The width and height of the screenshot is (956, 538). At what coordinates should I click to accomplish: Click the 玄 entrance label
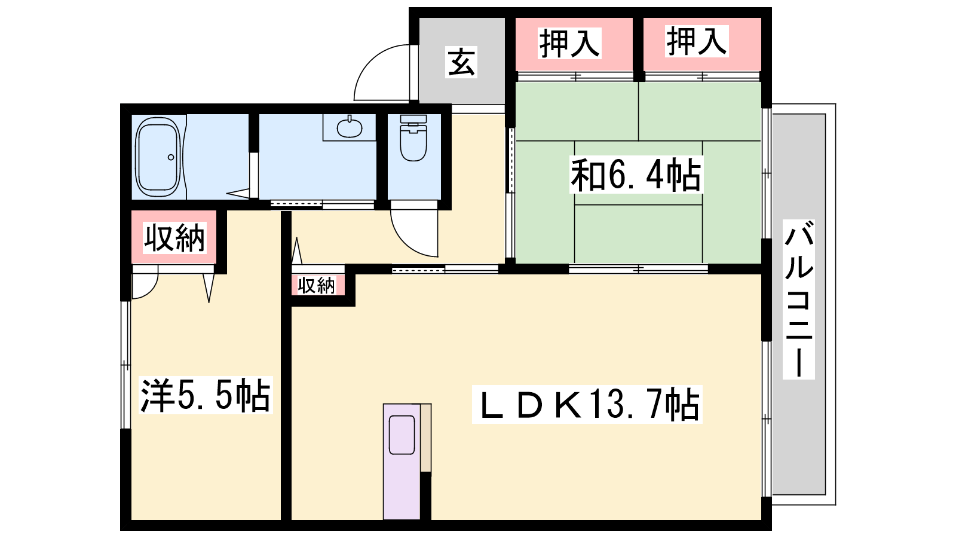coord(461,62)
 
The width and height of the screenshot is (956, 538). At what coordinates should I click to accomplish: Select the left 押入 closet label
coord(569,43)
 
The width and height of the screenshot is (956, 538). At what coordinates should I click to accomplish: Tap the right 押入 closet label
coord(697,41)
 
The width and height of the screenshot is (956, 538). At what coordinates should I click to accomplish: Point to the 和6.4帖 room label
coord(636,175)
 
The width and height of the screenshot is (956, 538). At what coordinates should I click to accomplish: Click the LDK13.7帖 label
coord(587,404)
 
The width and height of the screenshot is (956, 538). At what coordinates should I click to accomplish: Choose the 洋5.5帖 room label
coord(206,395)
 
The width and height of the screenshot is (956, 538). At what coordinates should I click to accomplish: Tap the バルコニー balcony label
coord(798,299)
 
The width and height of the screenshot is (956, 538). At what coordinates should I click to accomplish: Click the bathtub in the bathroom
coord(157,157)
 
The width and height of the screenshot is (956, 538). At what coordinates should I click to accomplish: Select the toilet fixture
coord(413,138)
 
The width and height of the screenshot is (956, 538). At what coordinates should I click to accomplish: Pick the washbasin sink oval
coord(350,128)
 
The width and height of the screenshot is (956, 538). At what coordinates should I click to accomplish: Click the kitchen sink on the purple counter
coord(402,435)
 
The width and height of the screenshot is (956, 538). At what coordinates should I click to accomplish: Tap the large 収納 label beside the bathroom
coord(174,238)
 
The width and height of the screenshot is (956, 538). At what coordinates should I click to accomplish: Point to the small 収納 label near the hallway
coord(317,285)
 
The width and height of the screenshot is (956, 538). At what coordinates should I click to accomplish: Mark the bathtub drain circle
coord(171,158)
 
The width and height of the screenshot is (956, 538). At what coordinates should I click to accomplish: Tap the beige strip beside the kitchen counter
coord(425,438)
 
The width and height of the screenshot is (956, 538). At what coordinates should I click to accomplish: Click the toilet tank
coord(413,119)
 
